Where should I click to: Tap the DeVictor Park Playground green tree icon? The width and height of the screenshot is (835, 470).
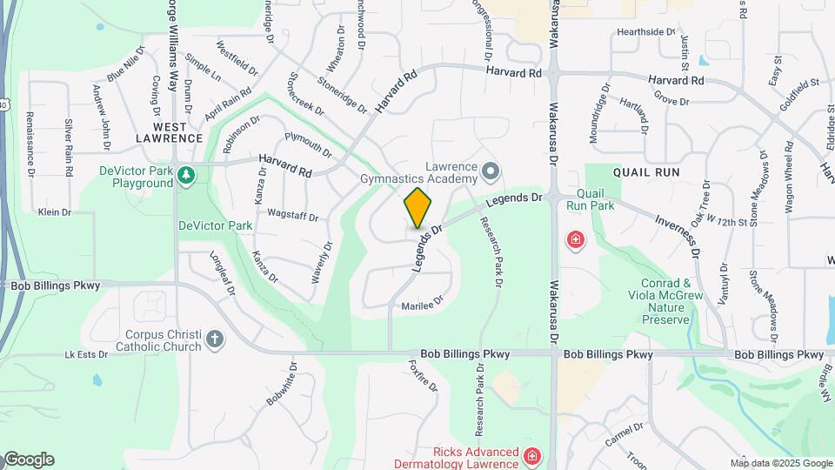coord(185,176)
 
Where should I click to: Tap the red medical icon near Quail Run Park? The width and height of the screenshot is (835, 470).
coord(575,239)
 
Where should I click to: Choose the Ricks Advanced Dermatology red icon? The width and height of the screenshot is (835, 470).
coord(531,456)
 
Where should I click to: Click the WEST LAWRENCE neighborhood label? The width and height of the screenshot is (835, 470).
coord(169,138)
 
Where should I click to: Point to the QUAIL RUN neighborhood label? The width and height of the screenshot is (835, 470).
coord(645,172)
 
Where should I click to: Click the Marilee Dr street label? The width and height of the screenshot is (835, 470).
coord(423,305)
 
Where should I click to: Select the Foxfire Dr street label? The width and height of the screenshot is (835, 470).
coord(421,379)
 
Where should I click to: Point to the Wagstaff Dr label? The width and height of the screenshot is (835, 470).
coord(293,216)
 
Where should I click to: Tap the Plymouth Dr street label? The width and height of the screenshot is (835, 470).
coord(308,144)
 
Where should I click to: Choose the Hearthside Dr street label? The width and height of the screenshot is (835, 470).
coord(645,31)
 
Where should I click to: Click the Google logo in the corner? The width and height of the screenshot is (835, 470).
coord(28,460)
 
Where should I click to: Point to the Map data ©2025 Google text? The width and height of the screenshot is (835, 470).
coord(780,463)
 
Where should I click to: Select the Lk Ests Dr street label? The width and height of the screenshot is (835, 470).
coord(86,355)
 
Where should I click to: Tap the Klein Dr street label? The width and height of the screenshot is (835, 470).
coord(54,211)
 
